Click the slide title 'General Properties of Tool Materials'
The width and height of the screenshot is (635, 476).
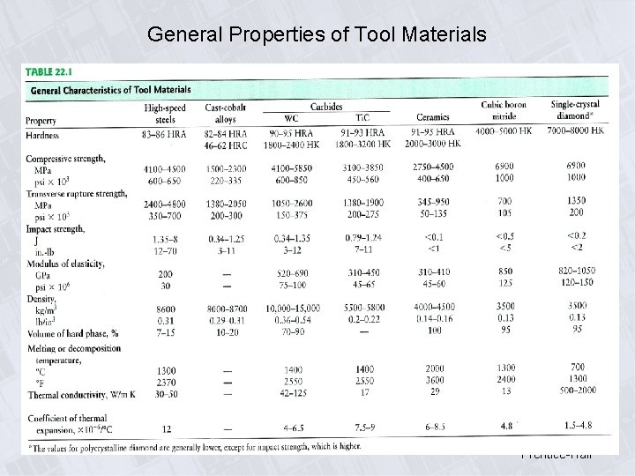[317, 34]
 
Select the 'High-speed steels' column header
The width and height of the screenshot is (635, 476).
[165, 114]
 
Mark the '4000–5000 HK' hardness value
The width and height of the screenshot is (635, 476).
[504, 132]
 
